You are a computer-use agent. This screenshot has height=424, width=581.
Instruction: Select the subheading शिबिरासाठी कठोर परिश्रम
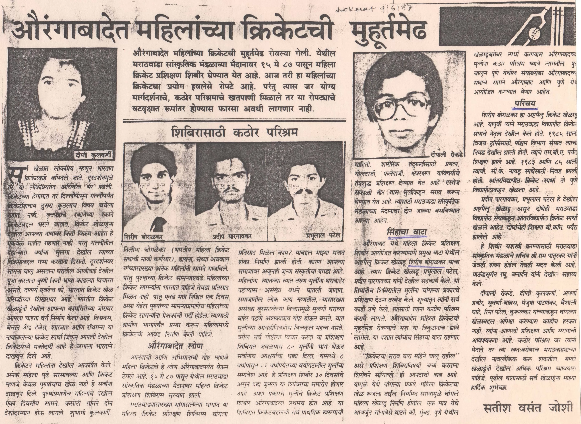pos(234,133)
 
